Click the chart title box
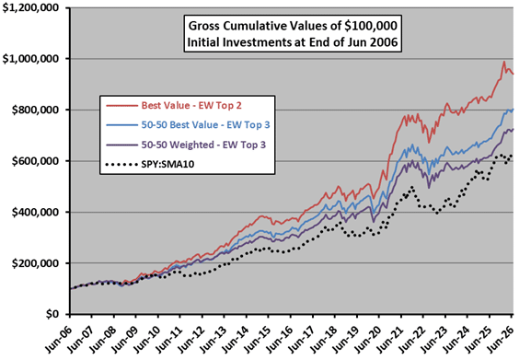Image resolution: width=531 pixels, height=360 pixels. (x=293, y=33)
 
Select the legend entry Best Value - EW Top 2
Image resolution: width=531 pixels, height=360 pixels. (x=191, y=105)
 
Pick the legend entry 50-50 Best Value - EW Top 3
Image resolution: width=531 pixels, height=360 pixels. (x=205, y=125)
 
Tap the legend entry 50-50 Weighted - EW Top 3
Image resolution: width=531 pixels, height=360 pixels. (x=203, y=145)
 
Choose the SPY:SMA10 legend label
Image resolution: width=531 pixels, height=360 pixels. (x=167, y=164)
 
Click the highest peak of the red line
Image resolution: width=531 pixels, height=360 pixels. (x=504, y=62)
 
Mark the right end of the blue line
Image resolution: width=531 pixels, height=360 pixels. (x=513, y=109)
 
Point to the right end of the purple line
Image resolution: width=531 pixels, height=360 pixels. (x=513, y=129)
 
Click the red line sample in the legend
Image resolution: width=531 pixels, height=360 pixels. (x=121, y=106)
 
